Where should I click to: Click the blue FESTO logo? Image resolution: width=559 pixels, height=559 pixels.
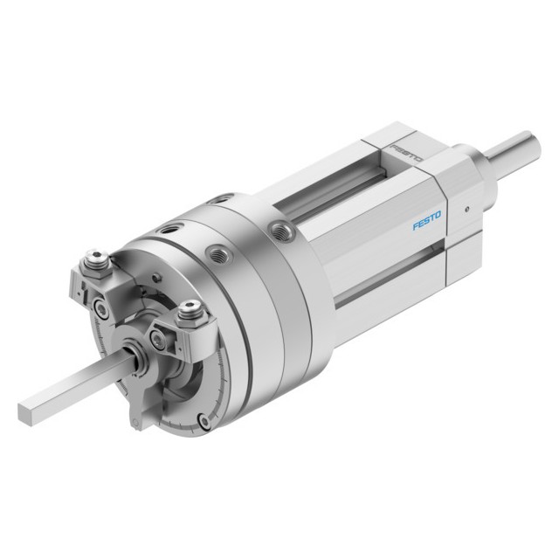(x=427, y=220)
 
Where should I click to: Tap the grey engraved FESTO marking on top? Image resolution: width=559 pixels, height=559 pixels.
(x=406, y=153)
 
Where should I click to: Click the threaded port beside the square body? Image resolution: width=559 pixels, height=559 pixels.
(x=281, y=231)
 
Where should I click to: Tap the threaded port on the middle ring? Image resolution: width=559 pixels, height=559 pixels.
(x=219, y=254)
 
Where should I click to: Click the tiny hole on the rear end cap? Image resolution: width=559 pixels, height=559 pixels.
(x=467, y=210)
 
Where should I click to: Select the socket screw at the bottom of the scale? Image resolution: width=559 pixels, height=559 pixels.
(x=204, y=421)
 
